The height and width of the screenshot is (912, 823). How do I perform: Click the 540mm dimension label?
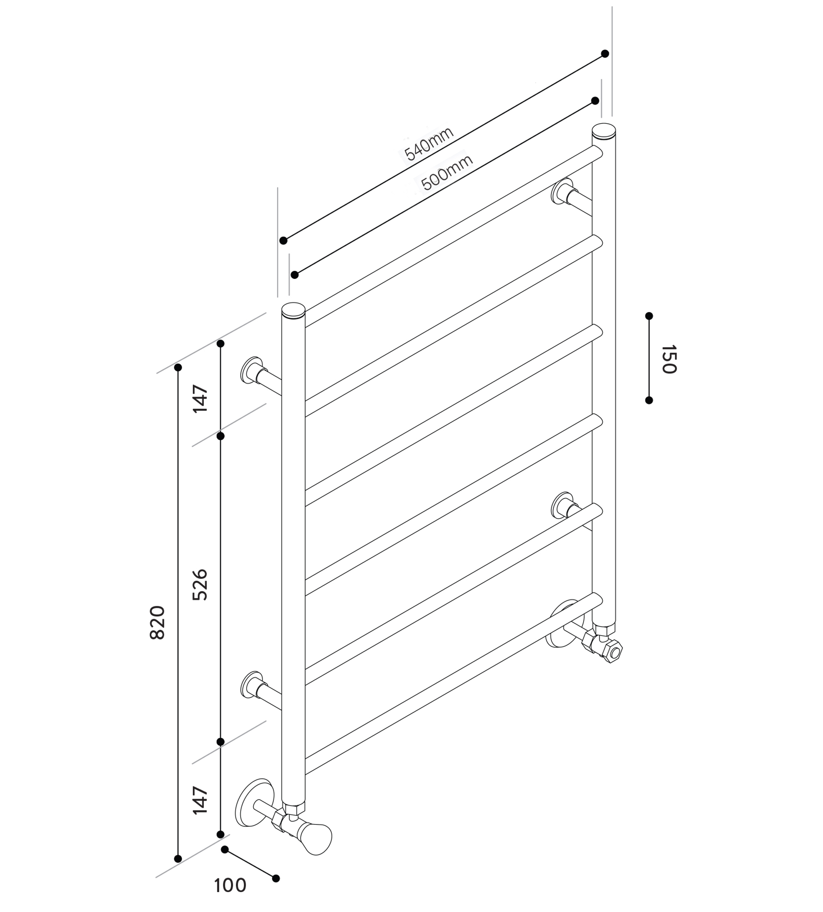429,144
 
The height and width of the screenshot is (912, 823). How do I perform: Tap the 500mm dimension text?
447,172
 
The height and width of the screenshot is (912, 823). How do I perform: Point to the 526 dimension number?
200,585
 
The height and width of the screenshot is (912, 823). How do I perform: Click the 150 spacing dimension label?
669,359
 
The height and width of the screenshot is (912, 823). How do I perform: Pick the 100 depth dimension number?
230,885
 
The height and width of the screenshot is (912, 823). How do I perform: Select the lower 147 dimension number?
200,800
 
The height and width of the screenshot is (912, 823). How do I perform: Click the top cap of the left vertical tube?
293,310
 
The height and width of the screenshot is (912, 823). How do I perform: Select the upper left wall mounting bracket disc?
251,371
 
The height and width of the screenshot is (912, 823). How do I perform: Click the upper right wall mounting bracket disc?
561,191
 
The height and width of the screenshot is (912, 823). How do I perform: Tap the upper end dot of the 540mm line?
605,54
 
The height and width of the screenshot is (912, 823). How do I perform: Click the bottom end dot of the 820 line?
178,858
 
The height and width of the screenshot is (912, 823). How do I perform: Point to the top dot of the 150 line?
649,315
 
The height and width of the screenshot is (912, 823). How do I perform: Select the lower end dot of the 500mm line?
295,275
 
